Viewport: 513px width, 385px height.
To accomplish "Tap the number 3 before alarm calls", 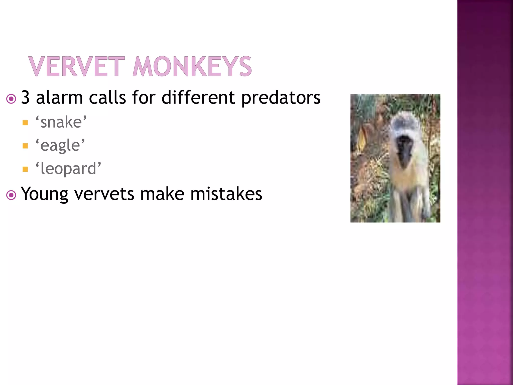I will [26, 98].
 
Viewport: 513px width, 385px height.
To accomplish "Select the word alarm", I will [59, 98].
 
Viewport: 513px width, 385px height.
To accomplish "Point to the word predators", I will [281, 98].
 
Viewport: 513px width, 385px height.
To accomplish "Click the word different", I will [198, 98].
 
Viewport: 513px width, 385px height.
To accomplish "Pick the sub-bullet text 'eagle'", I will [60, 145].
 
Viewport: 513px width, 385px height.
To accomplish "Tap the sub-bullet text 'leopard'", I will [68, 169].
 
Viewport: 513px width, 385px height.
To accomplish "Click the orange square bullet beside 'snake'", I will [25, 123].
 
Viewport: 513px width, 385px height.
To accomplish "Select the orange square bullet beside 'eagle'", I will [25, 146].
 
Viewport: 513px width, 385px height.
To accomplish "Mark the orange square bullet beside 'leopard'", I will [25, 169].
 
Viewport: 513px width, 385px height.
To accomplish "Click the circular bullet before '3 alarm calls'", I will [11, 99].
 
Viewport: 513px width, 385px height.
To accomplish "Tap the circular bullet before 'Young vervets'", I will [11, 195].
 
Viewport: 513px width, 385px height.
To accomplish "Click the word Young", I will [44, 194].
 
